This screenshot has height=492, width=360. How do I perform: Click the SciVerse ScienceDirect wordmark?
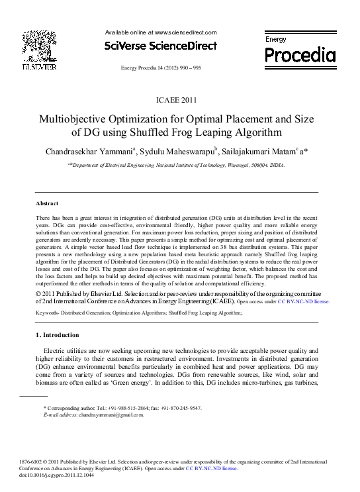(x=161, y=46)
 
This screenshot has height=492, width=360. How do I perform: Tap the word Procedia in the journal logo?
(x=300, y=55)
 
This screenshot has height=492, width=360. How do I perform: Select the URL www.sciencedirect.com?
(x=185, y=32)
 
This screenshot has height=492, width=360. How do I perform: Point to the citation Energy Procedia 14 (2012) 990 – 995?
(x=161, y=68)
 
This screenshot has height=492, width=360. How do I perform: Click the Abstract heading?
(x=47, y=203)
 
